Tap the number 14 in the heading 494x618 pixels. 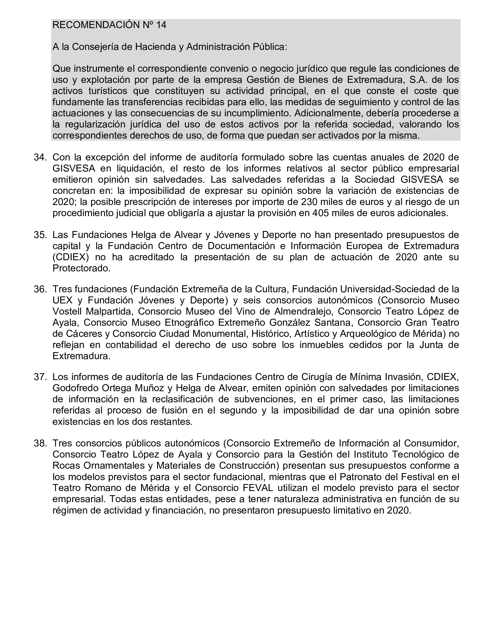pos(161,25)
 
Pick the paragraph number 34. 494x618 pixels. pos(40,157)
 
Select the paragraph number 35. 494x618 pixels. pos(40,235)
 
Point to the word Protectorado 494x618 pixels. pos(82,268)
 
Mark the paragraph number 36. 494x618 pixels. pos(40,289)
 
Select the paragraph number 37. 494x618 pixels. pos(40,377)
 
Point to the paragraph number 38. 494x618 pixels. pos(40,443)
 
